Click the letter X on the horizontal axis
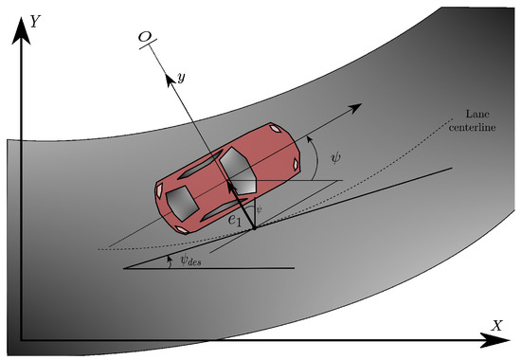pyautogui.click(x=495, y=325)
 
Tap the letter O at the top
pyautogui.click(x=145, y=35)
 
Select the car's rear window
pyautogui.click(x=181, y=200)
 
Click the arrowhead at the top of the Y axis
pyautogui.click(x=17, y=19)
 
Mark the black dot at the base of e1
pyautogui.click(x=253, y=227)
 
